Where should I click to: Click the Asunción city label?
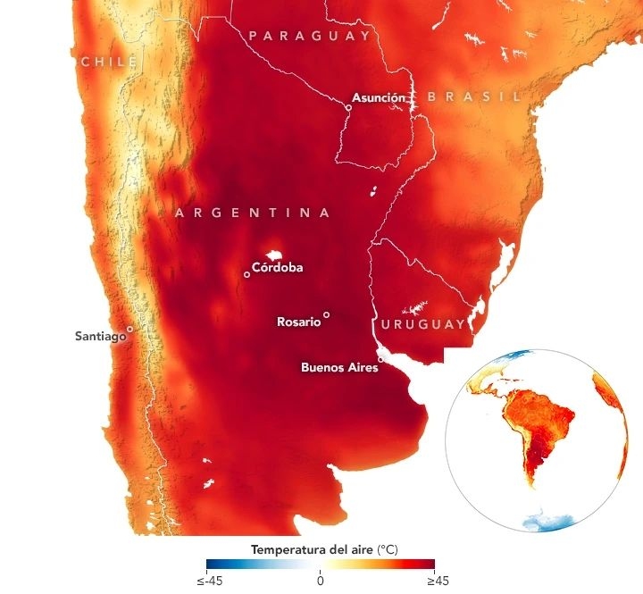(379, 97)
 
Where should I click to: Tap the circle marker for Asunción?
(348, 107)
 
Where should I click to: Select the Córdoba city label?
(277, 267)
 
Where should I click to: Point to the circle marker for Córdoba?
(246, 274)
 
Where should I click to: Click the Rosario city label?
(298, 322)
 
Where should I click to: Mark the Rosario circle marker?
(326, 314)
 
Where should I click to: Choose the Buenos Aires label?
(339, 366)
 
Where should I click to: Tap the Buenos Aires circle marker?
(380, 359)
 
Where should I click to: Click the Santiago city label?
(98, 337)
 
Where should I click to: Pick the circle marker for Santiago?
(129, 329)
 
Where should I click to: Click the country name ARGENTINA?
(253, 213)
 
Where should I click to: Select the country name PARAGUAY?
(310, 36)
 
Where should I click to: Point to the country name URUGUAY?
(423, 323)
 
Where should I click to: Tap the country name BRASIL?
(473, 96)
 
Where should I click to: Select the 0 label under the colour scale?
(320, 581)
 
